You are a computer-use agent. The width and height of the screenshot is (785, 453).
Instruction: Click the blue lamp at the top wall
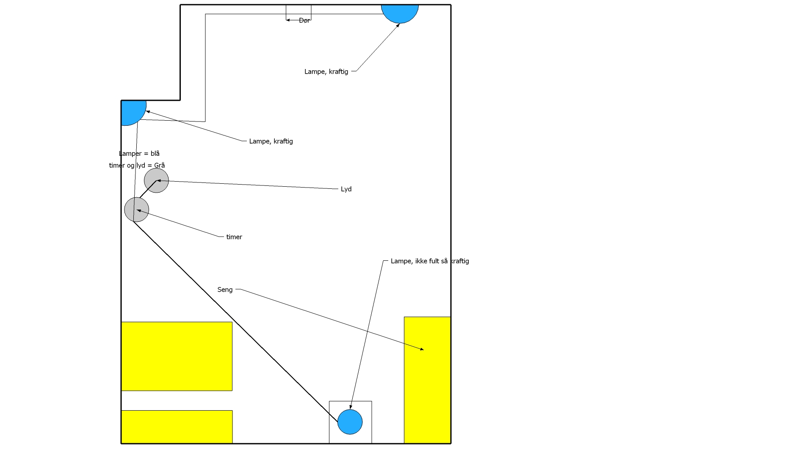(x=400, y=13)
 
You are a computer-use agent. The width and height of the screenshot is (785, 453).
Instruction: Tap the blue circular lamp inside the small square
(x=350, y=422)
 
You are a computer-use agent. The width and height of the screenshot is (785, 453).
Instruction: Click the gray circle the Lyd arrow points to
(x=156, y=181)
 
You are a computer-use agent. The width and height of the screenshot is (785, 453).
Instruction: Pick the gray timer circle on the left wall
(x=137, y=210)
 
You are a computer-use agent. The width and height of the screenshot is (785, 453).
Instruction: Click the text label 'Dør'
(x=304, y=20)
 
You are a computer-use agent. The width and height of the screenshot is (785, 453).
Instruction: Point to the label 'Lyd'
(x=346, y=189)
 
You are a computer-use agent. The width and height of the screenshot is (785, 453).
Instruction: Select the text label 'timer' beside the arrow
(x=234, y=237)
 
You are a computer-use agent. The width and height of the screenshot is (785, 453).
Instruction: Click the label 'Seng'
(x=225, y=290)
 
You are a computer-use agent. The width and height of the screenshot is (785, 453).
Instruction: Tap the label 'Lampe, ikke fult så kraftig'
(x=430, y=261)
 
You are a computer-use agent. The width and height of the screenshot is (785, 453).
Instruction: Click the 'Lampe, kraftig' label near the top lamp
(x=326, y=72)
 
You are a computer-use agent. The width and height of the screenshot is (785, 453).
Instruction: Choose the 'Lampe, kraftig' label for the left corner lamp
(x=271, y=141)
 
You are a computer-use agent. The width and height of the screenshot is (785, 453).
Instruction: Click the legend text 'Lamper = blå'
(x=139, y=153)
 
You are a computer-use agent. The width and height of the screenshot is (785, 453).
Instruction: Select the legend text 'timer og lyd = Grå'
(x=137, y=165)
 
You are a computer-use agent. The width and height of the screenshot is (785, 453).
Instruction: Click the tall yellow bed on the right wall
(x=427, y=380)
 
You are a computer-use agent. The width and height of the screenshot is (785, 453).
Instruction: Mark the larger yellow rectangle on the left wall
(x=177, y=356)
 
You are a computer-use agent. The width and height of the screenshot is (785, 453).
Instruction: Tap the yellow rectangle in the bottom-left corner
(x=177, y=427)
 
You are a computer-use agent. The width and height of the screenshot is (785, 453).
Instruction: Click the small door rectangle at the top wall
(x=299, y=12)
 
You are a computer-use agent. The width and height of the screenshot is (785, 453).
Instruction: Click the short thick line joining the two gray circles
(x=148, y=189)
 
